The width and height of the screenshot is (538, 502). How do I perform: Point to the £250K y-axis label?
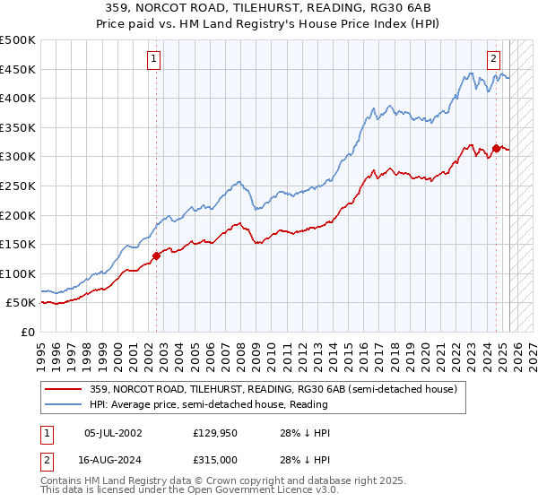[18, 186]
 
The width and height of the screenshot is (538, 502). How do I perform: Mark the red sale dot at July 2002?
[156, 255]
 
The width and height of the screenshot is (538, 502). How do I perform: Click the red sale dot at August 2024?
[496, 148]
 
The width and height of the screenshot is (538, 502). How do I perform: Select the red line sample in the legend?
[64, 389]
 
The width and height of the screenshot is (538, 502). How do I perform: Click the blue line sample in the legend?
[64, 404]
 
